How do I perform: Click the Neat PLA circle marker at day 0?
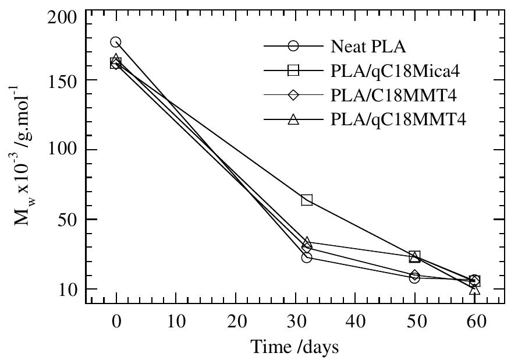tap(116, 43)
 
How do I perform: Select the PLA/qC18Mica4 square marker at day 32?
tap(307, 200)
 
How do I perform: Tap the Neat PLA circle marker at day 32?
tap(307, 257)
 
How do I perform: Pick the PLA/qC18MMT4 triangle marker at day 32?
tap(307, 242)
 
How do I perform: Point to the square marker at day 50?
tap(414, 256)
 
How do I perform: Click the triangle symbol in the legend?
tap(293, 119)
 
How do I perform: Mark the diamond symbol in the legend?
tap(293, 95)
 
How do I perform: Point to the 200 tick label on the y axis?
tap(63, 17)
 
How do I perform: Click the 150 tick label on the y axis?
tap(63, 80)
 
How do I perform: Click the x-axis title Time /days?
tap(295, 347)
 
